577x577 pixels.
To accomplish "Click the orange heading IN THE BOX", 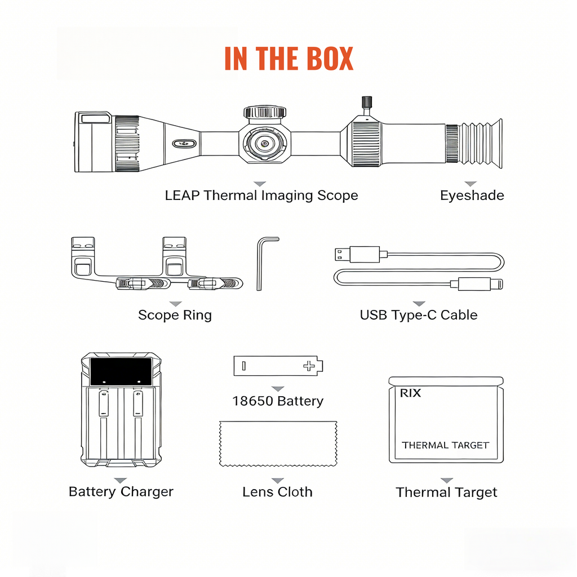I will (288, 59).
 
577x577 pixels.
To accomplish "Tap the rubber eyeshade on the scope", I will (481, 144).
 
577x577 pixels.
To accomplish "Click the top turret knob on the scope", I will (264, 112).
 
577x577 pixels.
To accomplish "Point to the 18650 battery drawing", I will (278, 366).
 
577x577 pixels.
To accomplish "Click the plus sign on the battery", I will (309, 366).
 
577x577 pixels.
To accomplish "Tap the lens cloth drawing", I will (278, 444).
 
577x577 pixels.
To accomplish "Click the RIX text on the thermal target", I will (410, 393).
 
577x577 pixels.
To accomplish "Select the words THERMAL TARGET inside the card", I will (445, 445).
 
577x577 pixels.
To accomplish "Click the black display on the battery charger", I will (121, 371).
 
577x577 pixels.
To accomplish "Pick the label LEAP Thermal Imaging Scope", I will (261, 196).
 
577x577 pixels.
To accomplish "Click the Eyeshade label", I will (472, 196).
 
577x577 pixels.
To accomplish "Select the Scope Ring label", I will (175, 315).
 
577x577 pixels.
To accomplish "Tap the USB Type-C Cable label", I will (419, 315).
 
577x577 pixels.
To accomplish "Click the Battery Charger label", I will (121, 491).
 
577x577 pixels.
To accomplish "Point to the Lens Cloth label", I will (277, 492).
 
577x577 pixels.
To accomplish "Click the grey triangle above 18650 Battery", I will (277, 389).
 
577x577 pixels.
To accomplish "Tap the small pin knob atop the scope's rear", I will (366, 103).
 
